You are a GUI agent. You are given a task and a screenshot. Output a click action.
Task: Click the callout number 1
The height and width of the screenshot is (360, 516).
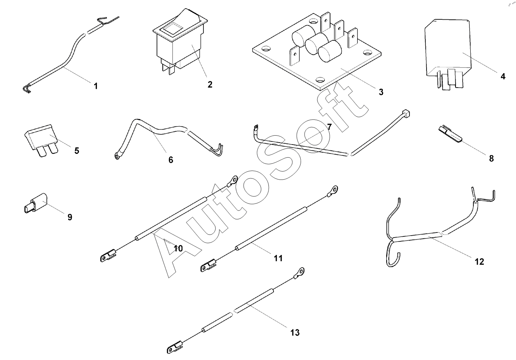point(96,86)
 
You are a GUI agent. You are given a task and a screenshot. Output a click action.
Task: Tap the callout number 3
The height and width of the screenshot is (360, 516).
point(381,92)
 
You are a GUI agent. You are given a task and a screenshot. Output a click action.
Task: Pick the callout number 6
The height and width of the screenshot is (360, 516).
point(171,159)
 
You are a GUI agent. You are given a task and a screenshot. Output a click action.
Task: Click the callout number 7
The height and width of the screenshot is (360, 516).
point(329,127)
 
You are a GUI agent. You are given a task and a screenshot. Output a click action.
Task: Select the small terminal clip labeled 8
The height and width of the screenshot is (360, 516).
point(450,133)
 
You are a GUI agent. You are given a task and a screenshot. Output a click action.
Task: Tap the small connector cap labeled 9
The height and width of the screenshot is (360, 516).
point(36,204)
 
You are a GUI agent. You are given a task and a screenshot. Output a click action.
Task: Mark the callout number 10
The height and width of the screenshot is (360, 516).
point(178,248)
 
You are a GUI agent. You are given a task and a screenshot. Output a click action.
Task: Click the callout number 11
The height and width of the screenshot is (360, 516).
point(278,258)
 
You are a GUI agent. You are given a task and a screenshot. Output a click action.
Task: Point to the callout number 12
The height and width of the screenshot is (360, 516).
point(479,262)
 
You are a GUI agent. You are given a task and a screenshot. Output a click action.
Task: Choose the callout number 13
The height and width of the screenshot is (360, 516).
point(295,332)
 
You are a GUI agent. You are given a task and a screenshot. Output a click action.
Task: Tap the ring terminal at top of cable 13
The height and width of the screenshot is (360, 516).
point(299,272)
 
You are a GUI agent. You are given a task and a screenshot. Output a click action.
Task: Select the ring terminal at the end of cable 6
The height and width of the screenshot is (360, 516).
point(116,157)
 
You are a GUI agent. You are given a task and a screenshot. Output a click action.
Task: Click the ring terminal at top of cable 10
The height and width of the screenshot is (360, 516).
point(232,180)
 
